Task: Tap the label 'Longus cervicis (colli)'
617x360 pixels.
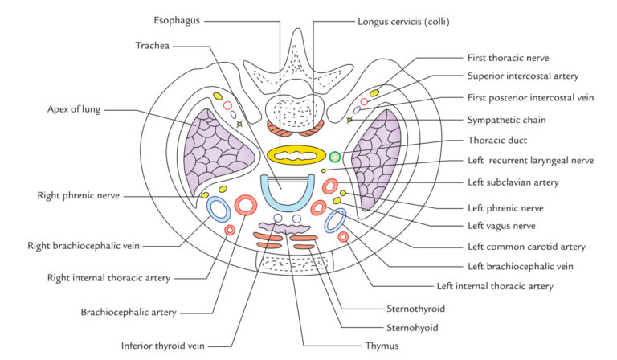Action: (x=404, y=18)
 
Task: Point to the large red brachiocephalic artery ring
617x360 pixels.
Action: (x=244, y=206)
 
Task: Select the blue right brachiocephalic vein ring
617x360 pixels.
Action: (x=218, y=210)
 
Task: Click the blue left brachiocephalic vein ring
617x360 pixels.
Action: (x=335, y=220)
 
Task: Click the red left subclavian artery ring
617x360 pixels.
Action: (x=329, y=188)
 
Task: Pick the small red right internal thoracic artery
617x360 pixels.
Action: (x=230, y=230)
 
